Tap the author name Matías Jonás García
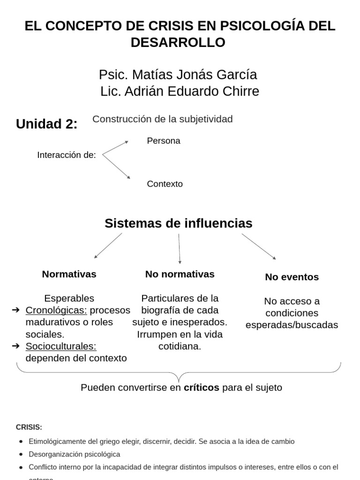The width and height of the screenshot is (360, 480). click(x=178, y=75)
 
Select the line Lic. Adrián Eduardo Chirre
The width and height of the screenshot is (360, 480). click(x=180, y=91)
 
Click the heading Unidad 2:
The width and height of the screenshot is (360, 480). click(x=47, y=124)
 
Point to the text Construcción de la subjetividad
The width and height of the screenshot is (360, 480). click(x=162, y=119)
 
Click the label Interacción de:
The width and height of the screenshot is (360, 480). click(x=67, y=155)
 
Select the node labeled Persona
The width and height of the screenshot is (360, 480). click(x=163, y=141)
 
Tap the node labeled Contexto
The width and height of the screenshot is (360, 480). click(x=165, y=184)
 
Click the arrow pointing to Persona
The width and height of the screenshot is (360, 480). click(x=115, y=147)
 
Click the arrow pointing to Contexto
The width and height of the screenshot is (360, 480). click(x=116, y=167)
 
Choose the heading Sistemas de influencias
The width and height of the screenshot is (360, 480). click(x=178, y=223)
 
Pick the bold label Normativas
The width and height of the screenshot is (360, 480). click(x=69, y=274)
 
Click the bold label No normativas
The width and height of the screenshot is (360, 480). click(x=180, y=274)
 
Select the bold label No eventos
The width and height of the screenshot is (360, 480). click(x=292, y=277)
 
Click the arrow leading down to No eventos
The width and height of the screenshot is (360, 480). click(x=258, y=246)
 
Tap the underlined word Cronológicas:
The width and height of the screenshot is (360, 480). click(x=56, y=310)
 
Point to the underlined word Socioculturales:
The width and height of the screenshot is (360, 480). click(x=61, y=346)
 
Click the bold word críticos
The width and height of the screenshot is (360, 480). click(x=201, y=388)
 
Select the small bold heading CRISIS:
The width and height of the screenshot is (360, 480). click(x=29, y=427)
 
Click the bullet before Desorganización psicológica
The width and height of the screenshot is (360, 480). click(x=22, y=454)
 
